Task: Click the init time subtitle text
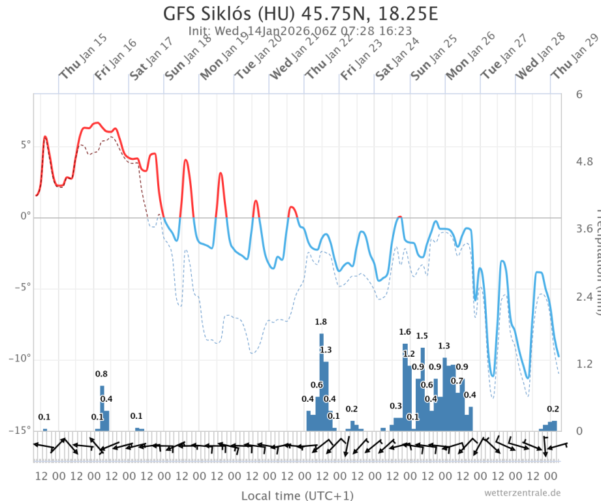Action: (x=300, y=30)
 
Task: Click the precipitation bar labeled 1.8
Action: (x=321, y=382)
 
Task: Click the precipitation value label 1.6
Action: (x=405, y=332)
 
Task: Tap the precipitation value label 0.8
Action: (x=102, y=374)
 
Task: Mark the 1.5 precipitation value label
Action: (x=422, y=336)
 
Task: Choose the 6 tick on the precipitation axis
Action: (x=579, y=93)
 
